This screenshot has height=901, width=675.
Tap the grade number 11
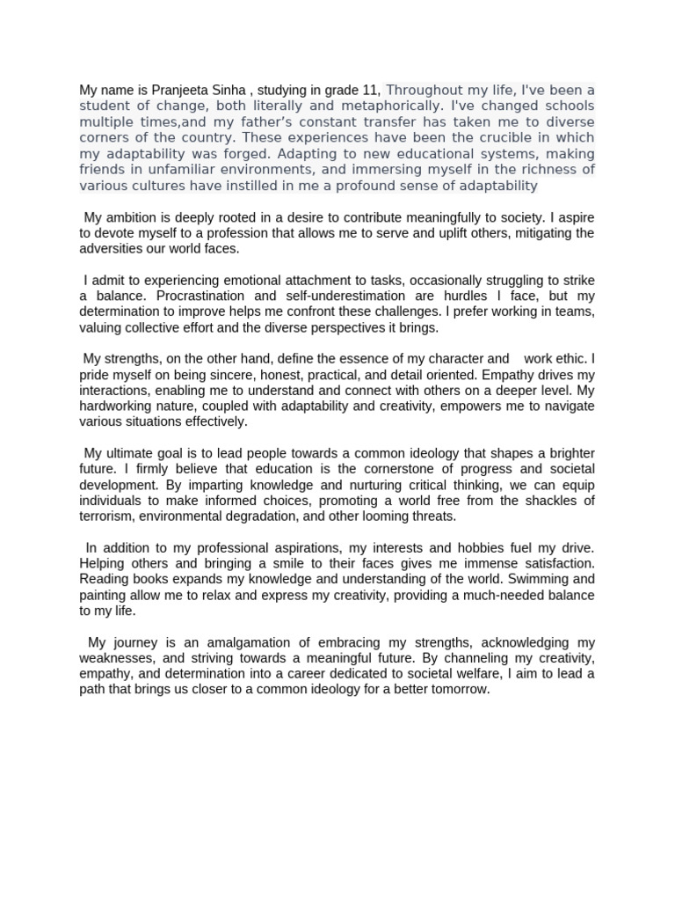point(373,90)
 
